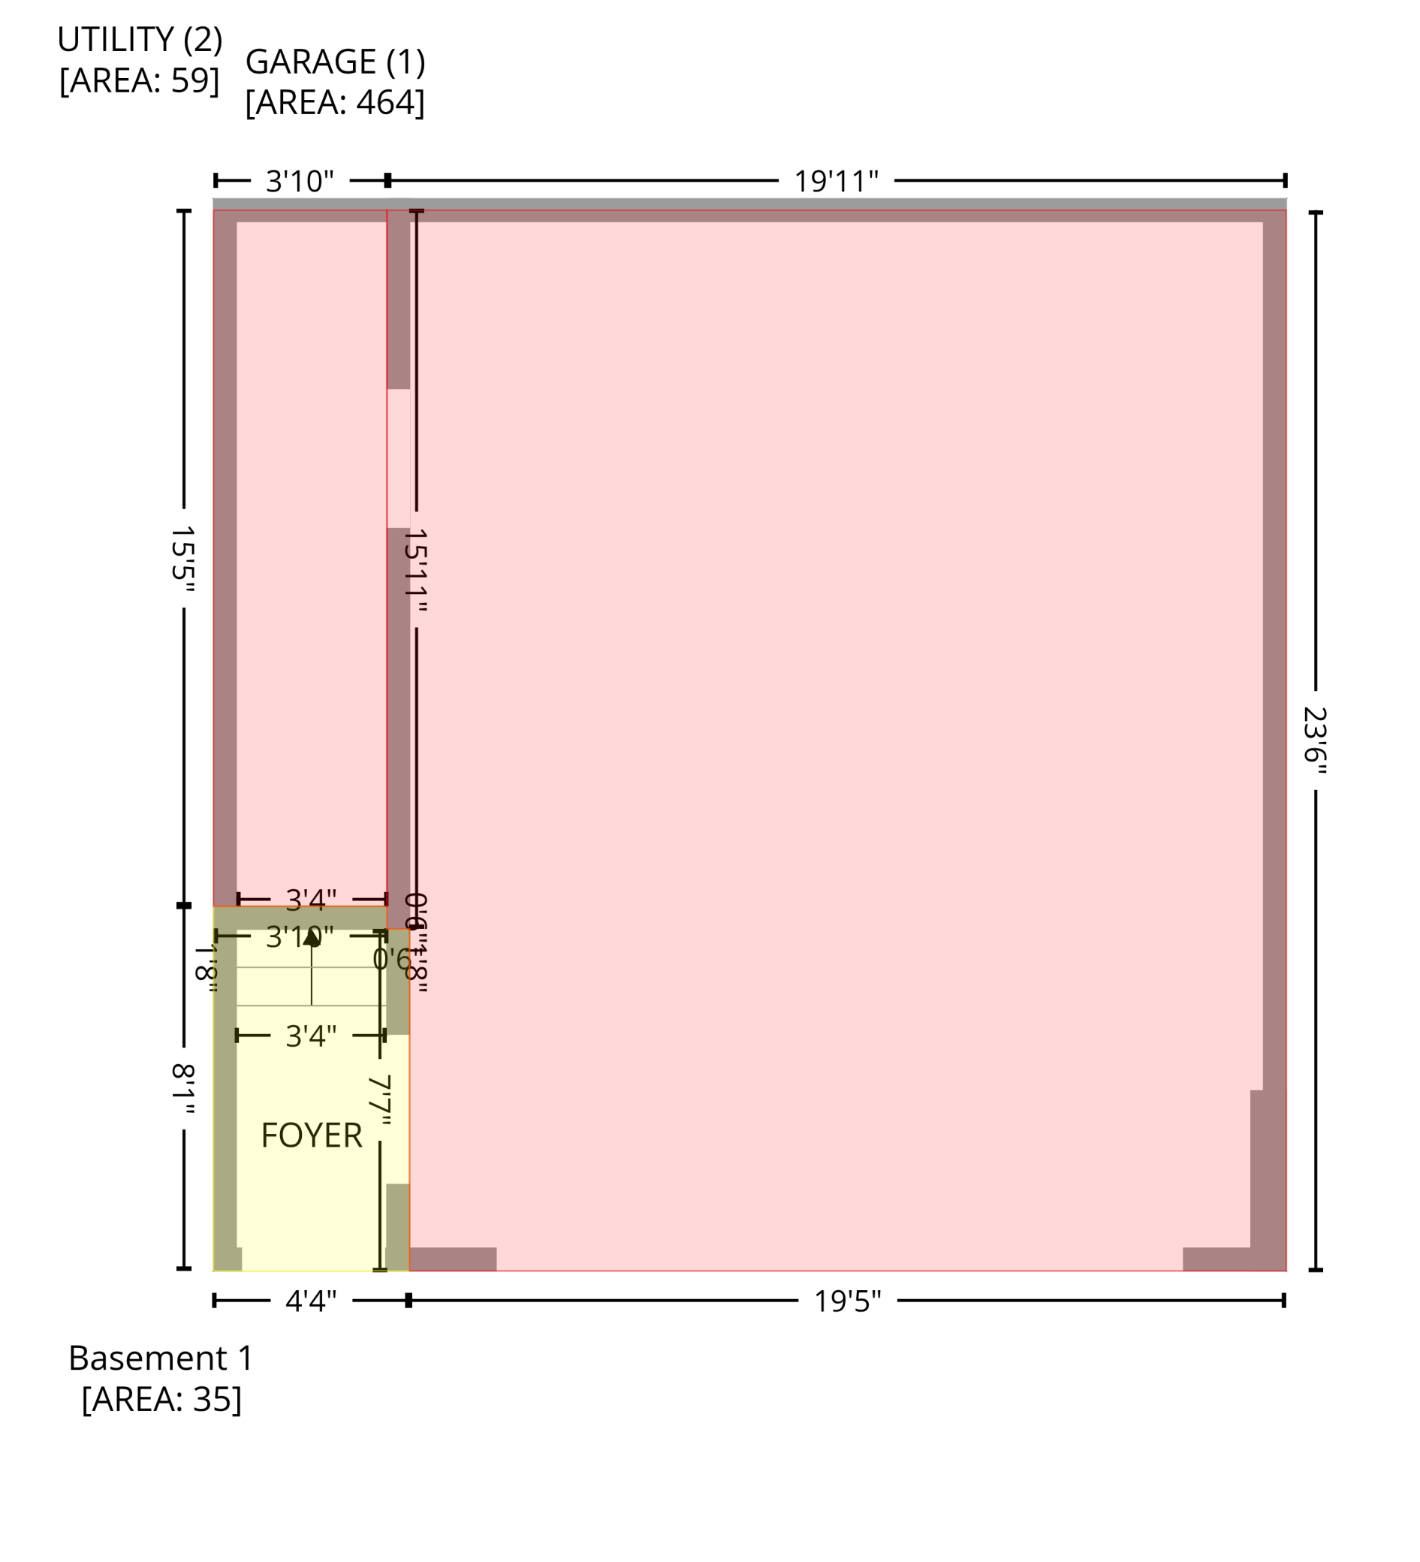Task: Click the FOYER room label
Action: pyautogui.click(x=312, y=1136)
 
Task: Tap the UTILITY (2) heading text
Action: pyautogui.click(x=140, y=40)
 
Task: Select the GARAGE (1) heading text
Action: pyautogui.click(x=335, y=62)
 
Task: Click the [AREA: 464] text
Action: pyautogui.click(x=335, y=102)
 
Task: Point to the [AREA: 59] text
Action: pyautogui.click(x=140, y=80)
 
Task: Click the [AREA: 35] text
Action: pyautogui.click(x=161, y=1399)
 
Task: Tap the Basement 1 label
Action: pyautogui.click(x=161, y=1358)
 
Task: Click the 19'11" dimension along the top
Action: pyautogui.click(x=836, y=181)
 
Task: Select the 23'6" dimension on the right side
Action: pyautogui.click(x=1315, y=740)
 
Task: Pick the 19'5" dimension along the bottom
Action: pyautogui.click(x=847, y=1301)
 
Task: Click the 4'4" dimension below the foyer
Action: pyautogui.click(x=311, y=1301)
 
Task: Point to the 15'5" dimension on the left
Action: pyautogui.click(x=182, y=559)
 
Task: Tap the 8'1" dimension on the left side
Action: pyautogui.click(x=182, y=1089)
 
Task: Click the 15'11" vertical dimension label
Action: pyautogui.click(x=416, y=570)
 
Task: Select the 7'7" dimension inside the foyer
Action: pyautogui.click(x=380, y=1100)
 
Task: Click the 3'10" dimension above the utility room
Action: pyautogui.click(x=300, y=181)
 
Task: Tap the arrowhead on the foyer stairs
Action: pyautogui.click(x=312, y=937)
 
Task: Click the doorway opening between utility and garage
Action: pyautogui.click(x=398, y=458)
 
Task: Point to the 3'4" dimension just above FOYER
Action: pyautogui.click(x=311, y=1036)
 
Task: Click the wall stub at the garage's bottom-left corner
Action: pyautogui.click(x=452, y=1259)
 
